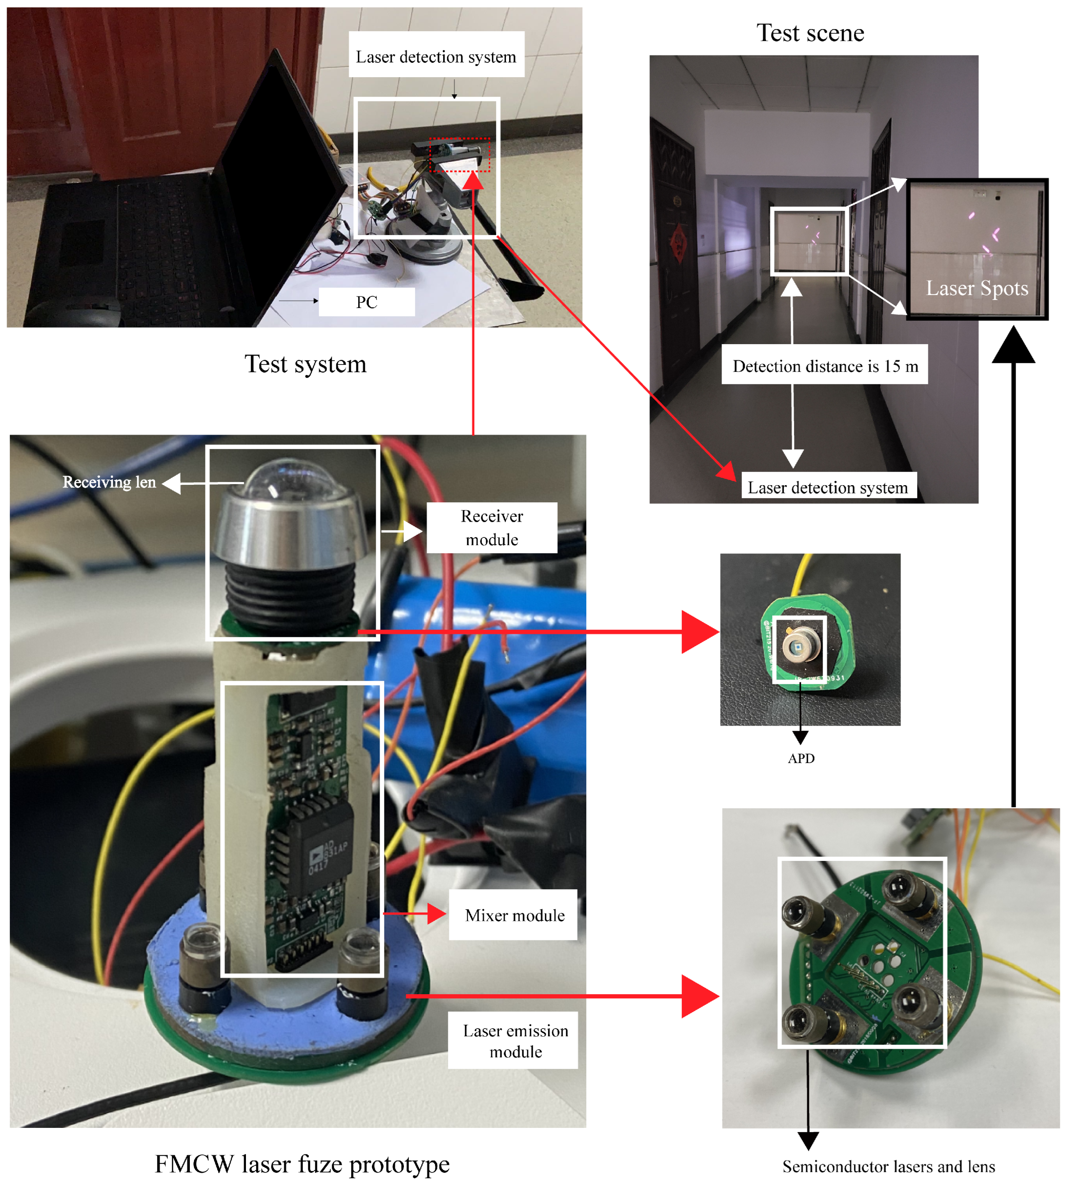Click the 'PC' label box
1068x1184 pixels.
point(366,302)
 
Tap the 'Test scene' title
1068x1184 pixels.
point(810,33)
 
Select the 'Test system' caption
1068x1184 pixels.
point(305,364)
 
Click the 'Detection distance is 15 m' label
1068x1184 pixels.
point(824,366)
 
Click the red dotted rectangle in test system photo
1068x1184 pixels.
point(460,155)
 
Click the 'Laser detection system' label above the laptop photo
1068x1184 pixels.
point(436,57)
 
